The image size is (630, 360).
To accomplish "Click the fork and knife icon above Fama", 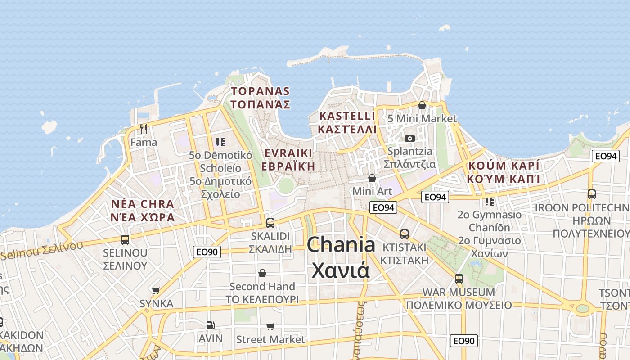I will click(144, 129).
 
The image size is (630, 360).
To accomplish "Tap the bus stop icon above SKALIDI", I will click(270, 223).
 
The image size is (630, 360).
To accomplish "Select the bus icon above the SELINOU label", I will click(125, 239).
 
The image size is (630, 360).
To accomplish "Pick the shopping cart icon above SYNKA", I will click(156, 290).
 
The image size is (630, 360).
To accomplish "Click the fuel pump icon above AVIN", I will click(210, 325).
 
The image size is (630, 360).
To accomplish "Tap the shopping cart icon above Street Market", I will click(270, 326).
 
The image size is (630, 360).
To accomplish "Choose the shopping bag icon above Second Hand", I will click(262, 273).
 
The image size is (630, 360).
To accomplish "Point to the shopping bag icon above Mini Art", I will click(372, 178).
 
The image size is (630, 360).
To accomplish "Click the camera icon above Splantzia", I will click(409, 138).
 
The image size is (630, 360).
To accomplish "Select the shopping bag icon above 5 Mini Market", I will click(422, 106).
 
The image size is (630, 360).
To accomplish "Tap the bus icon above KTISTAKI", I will click(404, 234).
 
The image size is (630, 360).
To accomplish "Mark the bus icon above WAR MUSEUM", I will click(459, 279).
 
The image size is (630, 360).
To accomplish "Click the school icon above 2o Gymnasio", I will click(489, 201).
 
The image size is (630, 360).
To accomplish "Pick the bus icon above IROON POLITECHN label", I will click(592, 194).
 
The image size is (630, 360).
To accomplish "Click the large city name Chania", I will click(341, 245).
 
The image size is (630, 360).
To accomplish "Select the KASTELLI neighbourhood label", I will click(347, 116).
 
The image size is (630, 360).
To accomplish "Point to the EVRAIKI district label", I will click(288, 153).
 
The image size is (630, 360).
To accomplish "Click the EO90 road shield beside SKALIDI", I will click(207, 252).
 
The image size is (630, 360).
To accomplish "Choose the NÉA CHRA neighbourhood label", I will click(143, 204).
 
